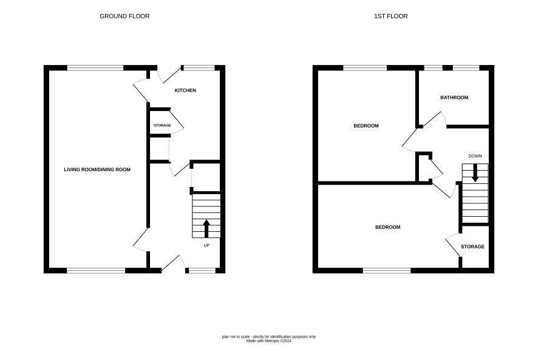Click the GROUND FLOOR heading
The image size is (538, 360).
[124, 16]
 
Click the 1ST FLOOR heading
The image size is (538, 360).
[391, 16]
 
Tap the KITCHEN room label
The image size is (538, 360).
[185, 90]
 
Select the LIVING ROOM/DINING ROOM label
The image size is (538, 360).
[97, 169]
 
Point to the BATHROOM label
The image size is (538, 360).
[454, 98]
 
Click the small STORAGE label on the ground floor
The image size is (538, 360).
[162, 125]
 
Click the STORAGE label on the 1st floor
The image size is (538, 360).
[472, 246]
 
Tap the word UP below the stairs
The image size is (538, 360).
[206, 245]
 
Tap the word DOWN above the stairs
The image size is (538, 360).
[475, 156]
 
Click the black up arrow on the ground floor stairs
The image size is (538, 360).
[206, 228]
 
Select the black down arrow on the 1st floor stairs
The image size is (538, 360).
[475, 173]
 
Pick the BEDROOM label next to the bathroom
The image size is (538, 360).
[366, 126]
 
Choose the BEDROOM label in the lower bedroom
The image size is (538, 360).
[388, 227]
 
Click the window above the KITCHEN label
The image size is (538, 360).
[199, 68]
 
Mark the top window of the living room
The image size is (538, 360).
[95, 68]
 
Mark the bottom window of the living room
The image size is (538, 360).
[96, 271]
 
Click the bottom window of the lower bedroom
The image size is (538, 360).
[387, 271]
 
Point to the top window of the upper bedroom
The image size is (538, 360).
[365, 68]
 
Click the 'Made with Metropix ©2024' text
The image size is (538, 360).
[269, 341]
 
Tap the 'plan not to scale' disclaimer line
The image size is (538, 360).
[269, 337]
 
